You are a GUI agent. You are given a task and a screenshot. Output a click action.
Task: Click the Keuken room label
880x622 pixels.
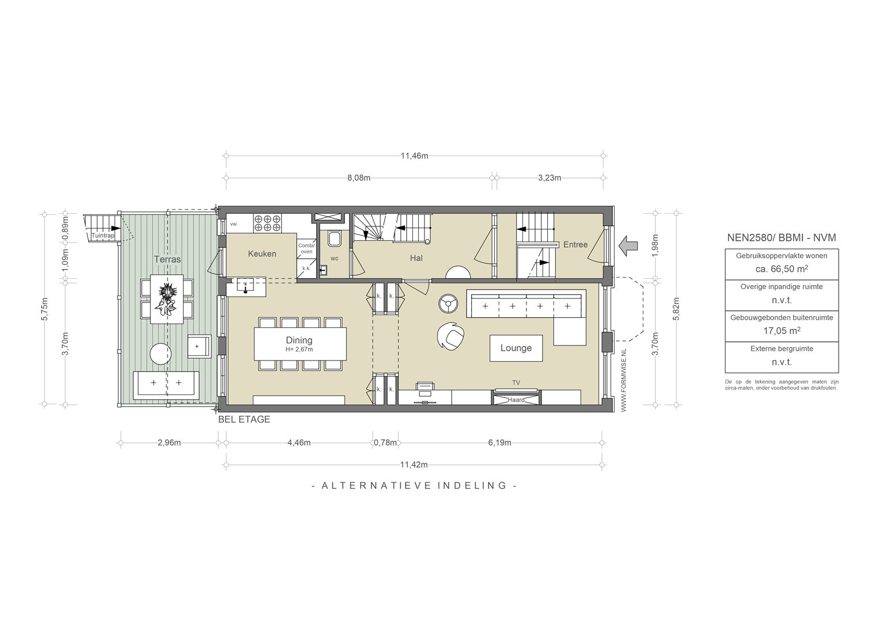[x=262, y=254]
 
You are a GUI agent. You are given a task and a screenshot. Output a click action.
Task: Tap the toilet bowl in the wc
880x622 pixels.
[x=335, y=239]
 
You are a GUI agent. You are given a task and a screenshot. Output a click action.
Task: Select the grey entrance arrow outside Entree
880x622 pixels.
[x=628, y=246]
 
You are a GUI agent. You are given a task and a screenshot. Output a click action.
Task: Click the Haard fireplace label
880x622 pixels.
[x=516, y=400]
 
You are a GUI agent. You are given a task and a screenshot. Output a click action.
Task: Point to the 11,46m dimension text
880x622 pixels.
[x=415, y=155]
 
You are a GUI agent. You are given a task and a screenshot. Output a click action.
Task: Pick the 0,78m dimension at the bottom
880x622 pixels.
[x=385, y=443]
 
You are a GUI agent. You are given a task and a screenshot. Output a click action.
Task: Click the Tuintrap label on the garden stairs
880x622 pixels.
[x=103, y=236]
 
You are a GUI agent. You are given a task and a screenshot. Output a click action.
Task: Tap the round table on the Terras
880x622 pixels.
[x=161, y=354]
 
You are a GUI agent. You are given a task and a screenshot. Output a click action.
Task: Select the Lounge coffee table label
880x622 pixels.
[x=516, y=348]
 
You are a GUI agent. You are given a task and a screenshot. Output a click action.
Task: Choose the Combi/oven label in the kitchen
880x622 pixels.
[x=306, y=248]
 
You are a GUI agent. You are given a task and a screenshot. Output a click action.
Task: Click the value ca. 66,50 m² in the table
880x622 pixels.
[x=782, y=269]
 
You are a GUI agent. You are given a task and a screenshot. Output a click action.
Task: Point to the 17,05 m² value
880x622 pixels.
[x=782, y=331]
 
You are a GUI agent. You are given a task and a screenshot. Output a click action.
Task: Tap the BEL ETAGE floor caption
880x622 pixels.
[x=244, y=419]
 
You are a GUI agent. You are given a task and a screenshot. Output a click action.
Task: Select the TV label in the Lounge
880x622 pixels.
[x=516, y=382]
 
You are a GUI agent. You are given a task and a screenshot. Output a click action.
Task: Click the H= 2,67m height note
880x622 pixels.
[x=299, y=350]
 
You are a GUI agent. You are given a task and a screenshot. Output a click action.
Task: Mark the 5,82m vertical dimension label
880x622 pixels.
[x=676, y=309]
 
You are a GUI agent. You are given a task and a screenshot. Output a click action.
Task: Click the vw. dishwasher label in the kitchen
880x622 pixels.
[x=234, y=224]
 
